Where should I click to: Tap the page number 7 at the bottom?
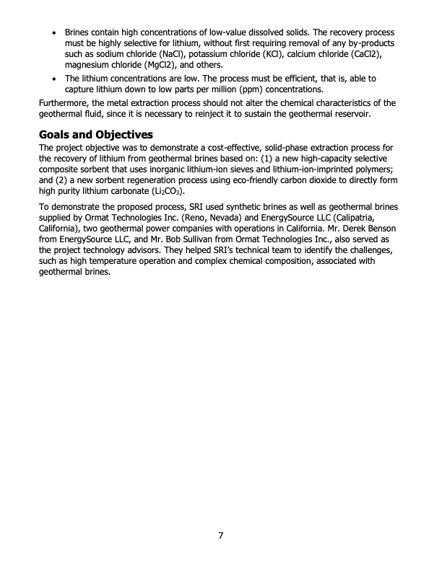pyautogui.click(x=221, y=536)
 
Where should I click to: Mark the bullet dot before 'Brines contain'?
pyautogui.click(x=55, y=35)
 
